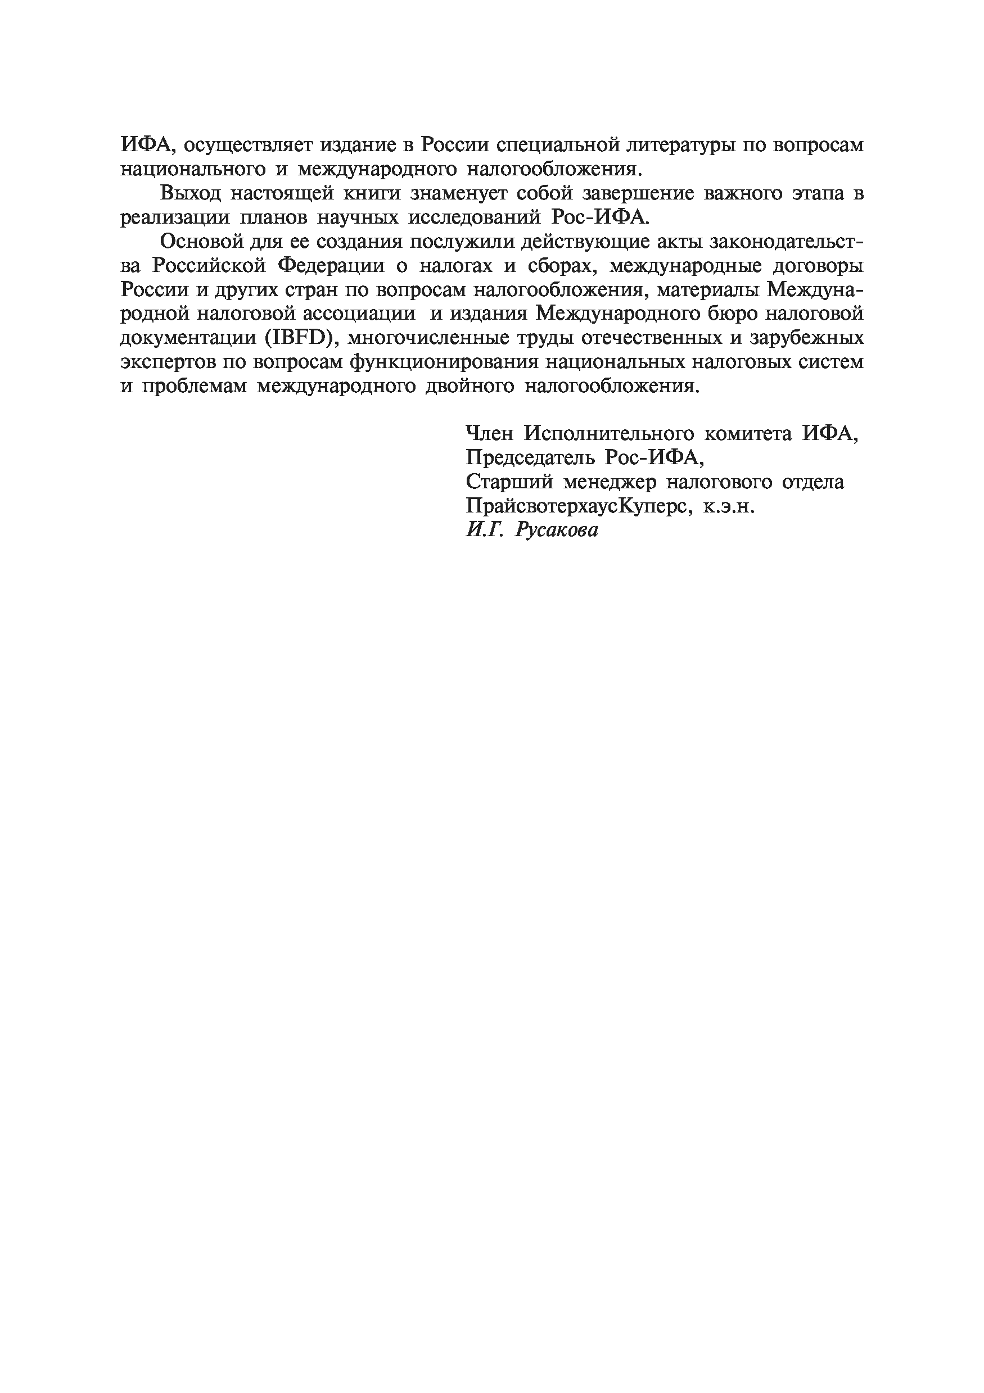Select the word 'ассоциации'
[x=359, y=314]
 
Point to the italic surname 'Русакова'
[x=557, y=530]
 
